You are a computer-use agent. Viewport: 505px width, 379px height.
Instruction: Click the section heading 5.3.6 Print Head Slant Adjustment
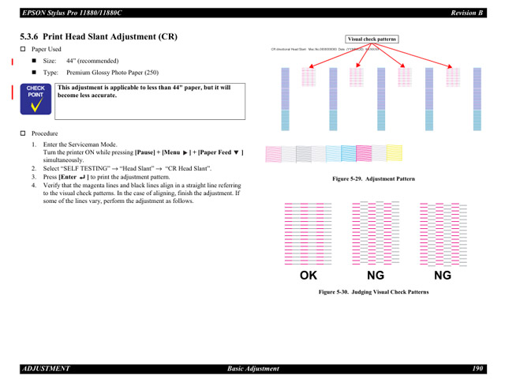point(98,37)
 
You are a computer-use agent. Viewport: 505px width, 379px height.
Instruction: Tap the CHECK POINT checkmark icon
point(36,102)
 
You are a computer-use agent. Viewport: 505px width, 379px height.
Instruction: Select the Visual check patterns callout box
point(372,38)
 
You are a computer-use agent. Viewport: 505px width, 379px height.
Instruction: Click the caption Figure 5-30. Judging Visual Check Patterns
point(373,292)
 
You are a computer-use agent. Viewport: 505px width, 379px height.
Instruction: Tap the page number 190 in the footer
point(478,368)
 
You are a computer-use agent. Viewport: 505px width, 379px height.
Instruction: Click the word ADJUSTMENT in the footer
point(46,368)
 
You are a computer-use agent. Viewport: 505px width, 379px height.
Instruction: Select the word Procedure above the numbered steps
point(45,133)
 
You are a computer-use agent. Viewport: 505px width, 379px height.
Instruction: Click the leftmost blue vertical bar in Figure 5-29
point(286,98)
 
